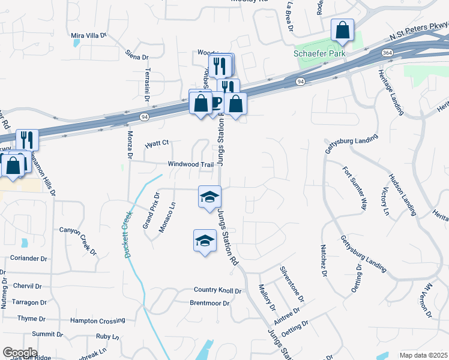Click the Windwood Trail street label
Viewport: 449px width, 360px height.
[x=191, y=164]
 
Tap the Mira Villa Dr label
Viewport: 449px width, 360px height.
[x=88, y=35]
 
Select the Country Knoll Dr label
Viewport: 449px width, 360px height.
[x=217, y=290]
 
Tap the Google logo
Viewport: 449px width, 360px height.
[x=19, y=353]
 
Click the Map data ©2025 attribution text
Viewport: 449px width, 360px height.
[x=423, y=355]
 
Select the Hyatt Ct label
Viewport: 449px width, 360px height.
[x=158, y=144]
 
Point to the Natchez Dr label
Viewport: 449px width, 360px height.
[x=324, y=260]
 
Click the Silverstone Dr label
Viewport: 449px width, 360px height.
[x=292, y=284]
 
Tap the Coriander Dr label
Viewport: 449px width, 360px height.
[x=28, y=259]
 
